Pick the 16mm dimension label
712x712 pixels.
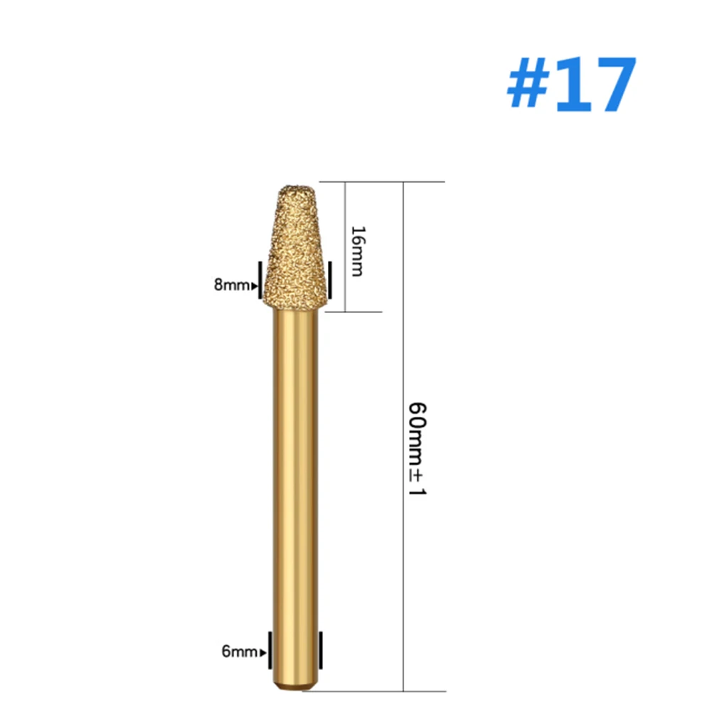pyautogui.click(x=358, y=251)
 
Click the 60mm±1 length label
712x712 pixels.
pyautogui.click(x=416, y=449)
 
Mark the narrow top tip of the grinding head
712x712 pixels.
pyautogui.click(x=293, y=188)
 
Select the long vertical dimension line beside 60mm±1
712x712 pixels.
pyautogui.click(x=403, y=320)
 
